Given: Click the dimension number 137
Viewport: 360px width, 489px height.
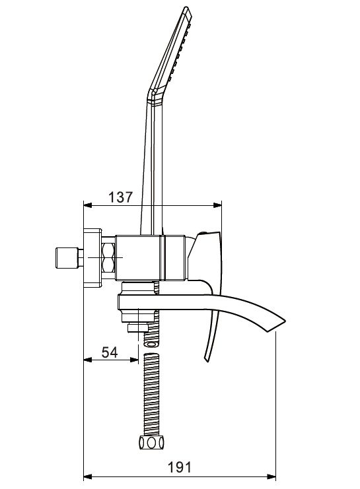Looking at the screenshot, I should point(120,197).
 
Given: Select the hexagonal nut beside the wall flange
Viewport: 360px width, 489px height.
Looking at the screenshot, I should point(110,258).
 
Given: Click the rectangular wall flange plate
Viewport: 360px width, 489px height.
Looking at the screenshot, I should point(92,258).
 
